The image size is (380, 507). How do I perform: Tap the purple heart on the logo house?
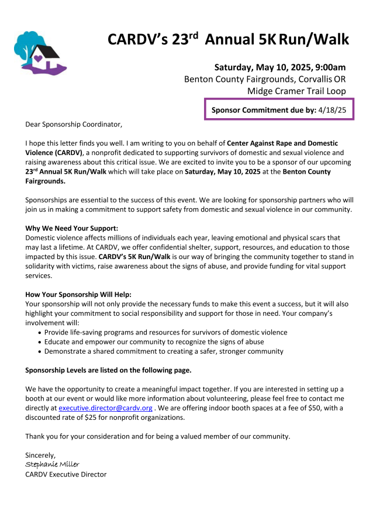click(38, 58)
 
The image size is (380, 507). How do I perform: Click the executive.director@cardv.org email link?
click(105, 408)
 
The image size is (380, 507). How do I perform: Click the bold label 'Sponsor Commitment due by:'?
click(263, 109)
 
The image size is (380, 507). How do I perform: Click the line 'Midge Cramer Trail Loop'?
click(296, 91)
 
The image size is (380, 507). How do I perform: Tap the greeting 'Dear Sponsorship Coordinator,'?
click(74, 124)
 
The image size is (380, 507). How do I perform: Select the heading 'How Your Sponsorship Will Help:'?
click(78, 294)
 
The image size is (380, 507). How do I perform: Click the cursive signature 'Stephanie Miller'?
click(52, 464)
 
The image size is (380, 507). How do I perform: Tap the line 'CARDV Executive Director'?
click(65, 474)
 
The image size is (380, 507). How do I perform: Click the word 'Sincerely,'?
click(40, 455)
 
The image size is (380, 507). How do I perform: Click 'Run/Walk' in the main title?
click(313, 39)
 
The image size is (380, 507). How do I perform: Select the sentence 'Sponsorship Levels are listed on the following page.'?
click(108, 370)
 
